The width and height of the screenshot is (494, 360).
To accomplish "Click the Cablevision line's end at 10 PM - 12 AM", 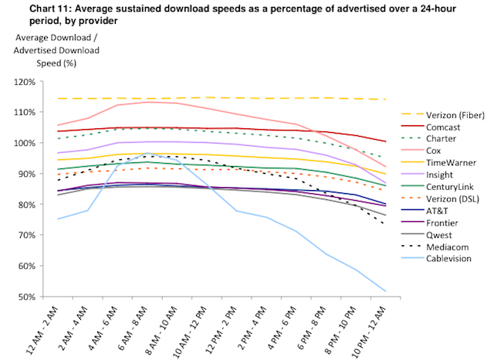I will (385, 291).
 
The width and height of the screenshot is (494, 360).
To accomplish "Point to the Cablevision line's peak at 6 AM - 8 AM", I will (147, 153).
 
